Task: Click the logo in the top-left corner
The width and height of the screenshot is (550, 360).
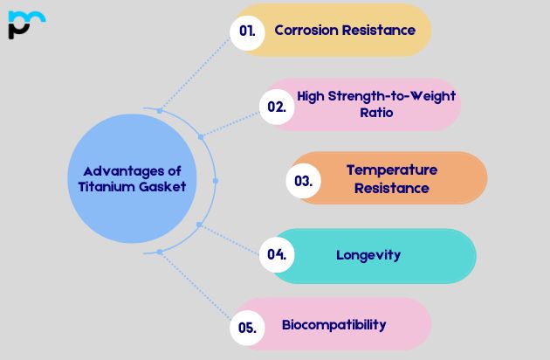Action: coord(25,24)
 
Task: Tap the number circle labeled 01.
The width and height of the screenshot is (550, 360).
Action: coord(248,31)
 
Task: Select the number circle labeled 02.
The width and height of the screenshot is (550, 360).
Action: coord(277,107)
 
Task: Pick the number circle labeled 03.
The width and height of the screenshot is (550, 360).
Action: coord(304,180)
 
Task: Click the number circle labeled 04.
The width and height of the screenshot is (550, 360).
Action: coord(277,255)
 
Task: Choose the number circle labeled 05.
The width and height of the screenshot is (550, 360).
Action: coord(247,328)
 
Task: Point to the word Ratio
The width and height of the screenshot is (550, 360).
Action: coord(376,113)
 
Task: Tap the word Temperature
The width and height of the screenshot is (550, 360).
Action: coord(392,170)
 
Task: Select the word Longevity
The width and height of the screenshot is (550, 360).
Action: coord(368,255)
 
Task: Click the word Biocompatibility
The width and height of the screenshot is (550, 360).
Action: coord(333,325)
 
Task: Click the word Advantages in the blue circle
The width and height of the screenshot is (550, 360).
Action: coord(113,171)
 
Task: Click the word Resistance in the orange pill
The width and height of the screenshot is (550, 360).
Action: coord(392,187)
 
